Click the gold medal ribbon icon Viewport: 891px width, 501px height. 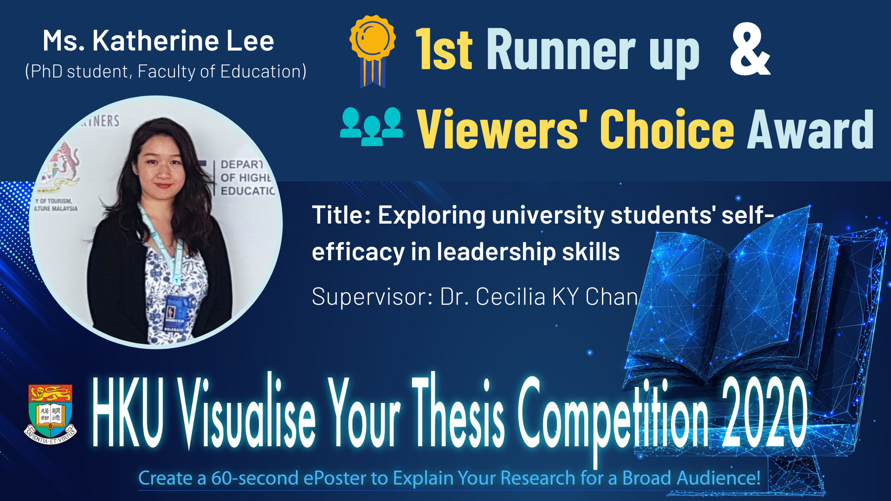[x=372, y=51]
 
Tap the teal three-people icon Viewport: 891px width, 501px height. [x=371, y=126]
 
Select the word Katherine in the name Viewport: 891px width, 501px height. [x=156, y=41]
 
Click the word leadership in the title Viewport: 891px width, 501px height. [x=496, y=252]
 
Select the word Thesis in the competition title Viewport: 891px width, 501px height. [x=458, y=411]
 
